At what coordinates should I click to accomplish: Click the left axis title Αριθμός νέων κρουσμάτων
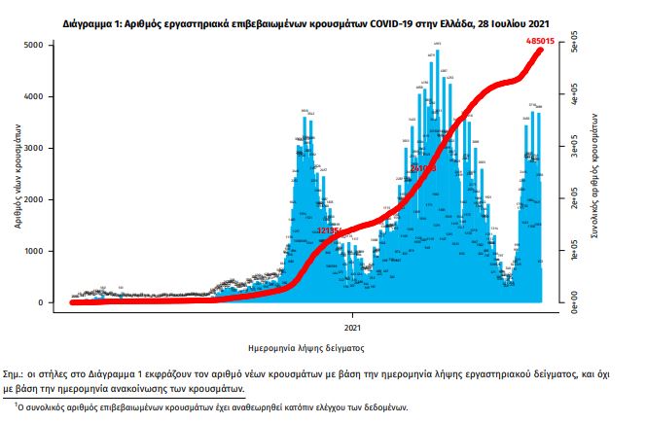coord(18,175)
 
